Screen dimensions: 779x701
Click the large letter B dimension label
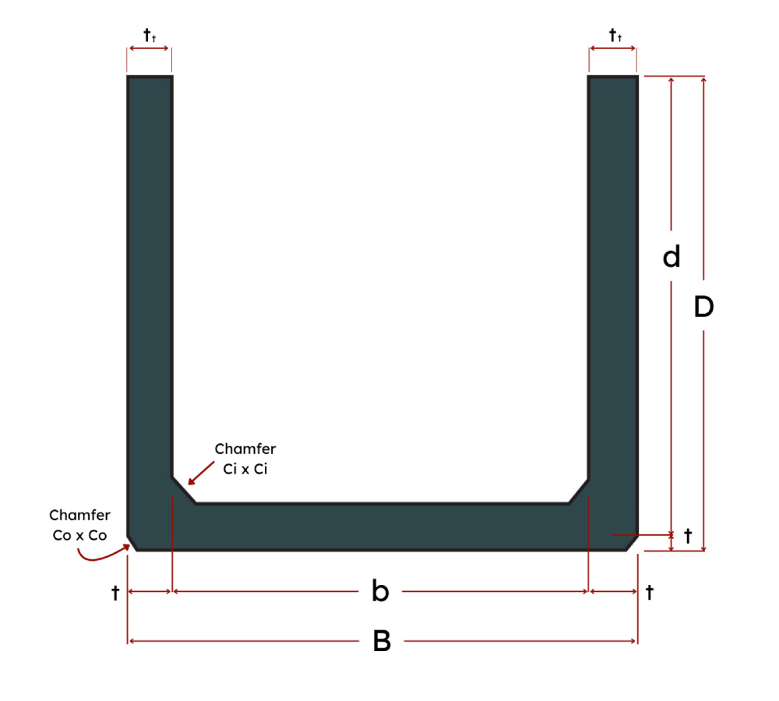tap(382, 641)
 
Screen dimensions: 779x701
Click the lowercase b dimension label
tap(380, 590)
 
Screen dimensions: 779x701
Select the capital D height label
tap(703, 307)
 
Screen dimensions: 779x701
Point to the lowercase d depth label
tap(671, 256)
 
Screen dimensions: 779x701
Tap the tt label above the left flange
tap(150, 35)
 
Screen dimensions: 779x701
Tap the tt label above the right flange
tap(615, 35)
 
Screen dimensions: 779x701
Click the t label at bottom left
tap(115, 592)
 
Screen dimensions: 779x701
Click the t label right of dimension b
tap(650, 592)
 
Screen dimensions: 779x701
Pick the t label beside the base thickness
tap(688, 536)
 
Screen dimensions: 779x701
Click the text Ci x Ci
tap(245, 468)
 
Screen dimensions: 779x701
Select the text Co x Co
tap(79, 535)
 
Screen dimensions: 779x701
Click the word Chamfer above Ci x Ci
tap(245, 449)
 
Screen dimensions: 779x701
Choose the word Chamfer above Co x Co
tap(79, 515)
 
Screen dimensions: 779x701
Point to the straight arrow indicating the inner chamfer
tap(201, 473)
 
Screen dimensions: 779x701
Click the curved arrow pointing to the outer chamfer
tap(102, 555)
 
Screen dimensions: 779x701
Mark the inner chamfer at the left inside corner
tap(184, 491)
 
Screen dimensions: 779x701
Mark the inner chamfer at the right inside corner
tap(578, 491)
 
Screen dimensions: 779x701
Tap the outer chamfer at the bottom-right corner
tap(632, 543)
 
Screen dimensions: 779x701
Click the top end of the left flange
tap(150, 76)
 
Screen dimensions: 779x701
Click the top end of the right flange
tap(612, 76)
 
